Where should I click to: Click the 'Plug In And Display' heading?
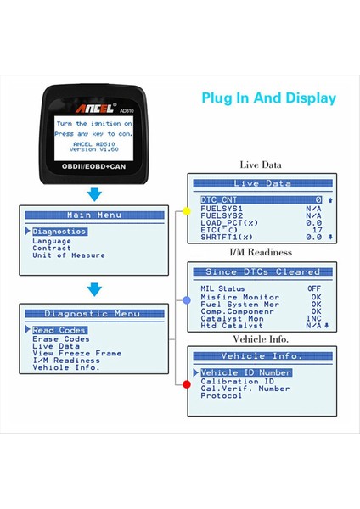tap(267, 98)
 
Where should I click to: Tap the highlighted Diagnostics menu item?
tap(59, 232)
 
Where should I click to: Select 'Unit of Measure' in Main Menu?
tap(69, 255)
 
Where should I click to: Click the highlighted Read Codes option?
tap(59, 330)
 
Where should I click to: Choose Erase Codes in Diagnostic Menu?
tap(60, 338)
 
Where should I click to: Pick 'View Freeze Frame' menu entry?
tap(76, 353)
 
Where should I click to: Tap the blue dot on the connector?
tap(187, 300)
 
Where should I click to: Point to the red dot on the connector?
tap(187, 385)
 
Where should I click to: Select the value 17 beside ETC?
tap(317, 229)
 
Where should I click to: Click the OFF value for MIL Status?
tap(314, 288)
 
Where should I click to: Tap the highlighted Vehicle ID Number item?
tap(246, 372)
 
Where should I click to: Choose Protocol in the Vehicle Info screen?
tap(222, 395)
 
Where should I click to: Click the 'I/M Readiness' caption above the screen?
tap(261, 252)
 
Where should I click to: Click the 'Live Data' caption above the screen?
tap(261, 165)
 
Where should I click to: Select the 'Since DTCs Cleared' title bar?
tap(262, 272)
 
